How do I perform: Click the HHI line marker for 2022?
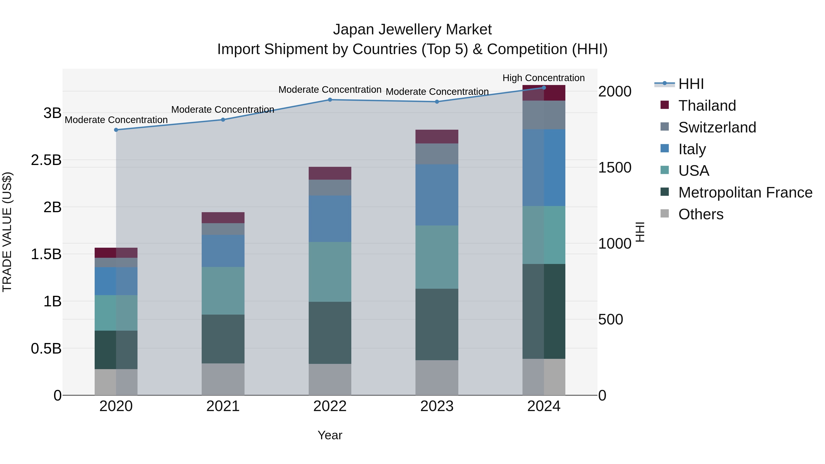pyautogui.click(x=330, y=100)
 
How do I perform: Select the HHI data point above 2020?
pyautogui.click(x=116, y=130)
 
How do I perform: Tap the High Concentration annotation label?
pyautogui.click(x=544, y=78)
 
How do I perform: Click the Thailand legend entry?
pyautogui.click(x=707, y=105)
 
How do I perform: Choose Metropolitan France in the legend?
pyautogui.click(x=745, y=192)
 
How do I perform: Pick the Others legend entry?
pyautogui.click(x=701, y=214)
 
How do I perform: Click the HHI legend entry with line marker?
pyautogui.click(x=691, y=84)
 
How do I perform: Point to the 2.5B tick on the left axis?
pyautogui.click(x=46, y=160)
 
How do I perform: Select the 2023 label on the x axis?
pyautogui.click(x=437, y=406)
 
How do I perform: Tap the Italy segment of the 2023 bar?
pyautogui.click(x=437, y=195)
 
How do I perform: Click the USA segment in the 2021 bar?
pyautogui.click(x=223, y=291)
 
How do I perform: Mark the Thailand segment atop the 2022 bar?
pyautogui.click(x=330, y=173)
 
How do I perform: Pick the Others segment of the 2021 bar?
pyautogui.click(x=223, y=379)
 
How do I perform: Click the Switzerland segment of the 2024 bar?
pyautogui.click(x=544, y=115)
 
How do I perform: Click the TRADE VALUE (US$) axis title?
pyautogui.click(x=7, y=232)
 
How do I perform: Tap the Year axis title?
pyautogui.click(x=330, y=435)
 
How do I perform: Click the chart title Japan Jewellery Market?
pyautogui.click(x=412, y=30)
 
